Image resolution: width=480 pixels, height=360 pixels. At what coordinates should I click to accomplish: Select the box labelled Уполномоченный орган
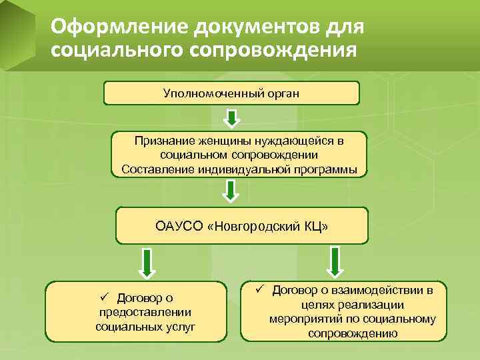pyautogui.click(x=231, y=93)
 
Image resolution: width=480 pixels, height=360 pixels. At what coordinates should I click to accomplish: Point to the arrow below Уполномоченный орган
pyautogui.click(x=231, y=119)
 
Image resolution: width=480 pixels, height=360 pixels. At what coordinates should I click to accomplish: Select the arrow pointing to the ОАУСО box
pyautogui.click(x=231, y=190)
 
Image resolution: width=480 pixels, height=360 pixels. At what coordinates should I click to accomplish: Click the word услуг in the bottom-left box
pyautogui.click(x=181, y=327)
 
